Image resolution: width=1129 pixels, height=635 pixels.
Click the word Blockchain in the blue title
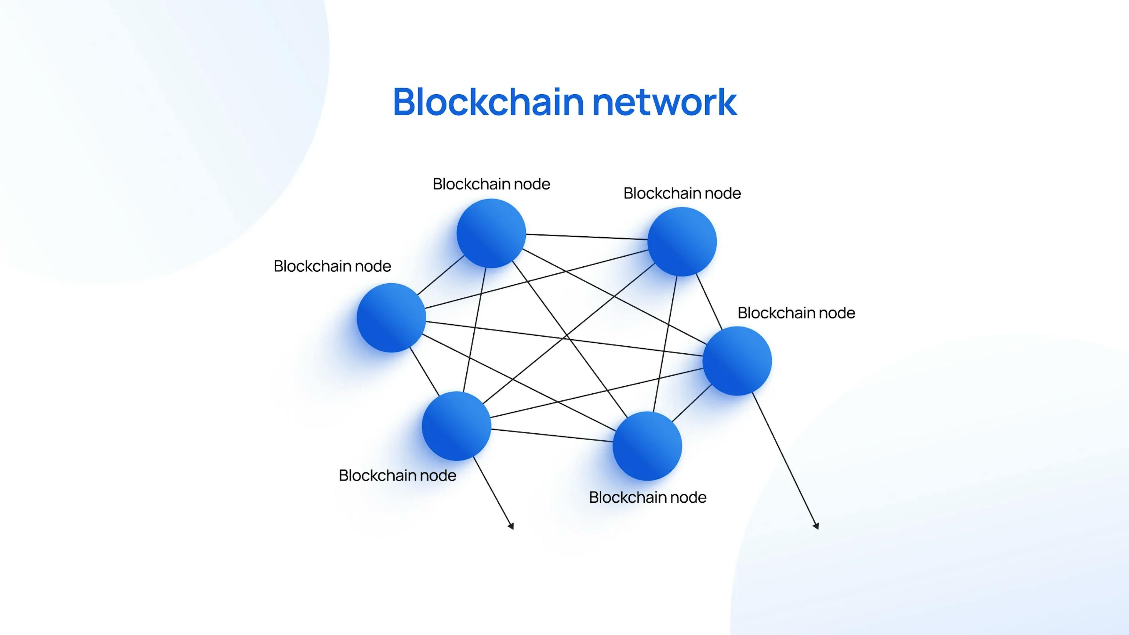pyautogui.click(x=488, y=102)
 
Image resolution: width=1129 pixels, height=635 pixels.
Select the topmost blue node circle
pyautogui.click(x=491, y=233)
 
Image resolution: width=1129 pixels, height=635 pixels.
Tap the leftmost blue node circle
pyautogui.click(x=391, y=318)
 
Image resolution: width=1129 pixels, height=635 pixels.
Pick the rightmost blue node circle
pyautogui.click(x=737, y=361)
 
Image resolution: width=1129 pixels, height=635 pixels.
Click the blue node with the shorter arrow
pyautogui.click(x=456, y=426)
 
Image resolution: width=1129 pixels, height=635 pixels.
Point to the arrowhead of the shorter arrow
pyautogui.click(x=511, y=526)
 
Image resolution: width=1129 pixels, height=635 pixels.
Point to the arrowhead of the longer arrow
pyautogui.click(x=816, y=526)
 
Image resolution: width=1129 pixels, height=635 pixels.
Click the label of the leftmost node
pyautogui.click(x=332, y=266)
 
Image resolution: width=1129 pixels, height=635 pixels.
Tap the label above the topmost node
pyautogui.click(x=491, y=184)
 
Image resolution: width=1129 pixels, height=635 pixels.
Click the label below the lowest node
pyautogui.click(x=647, y=497)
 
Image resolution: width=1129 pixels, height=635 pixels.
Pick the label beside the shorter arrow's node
pyautogui.click(x=397, y=475)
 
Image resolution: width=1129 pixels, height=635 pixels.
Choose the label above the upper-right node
pyautogui.click(x=682, y=193)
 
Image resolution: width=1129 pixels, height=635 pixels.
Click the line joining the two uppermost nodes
pyautogui.click(x=587, y=237)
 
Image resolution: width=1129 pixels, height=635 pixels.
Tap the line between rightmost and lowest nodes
pyautogui.click(x=692, y=403)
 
